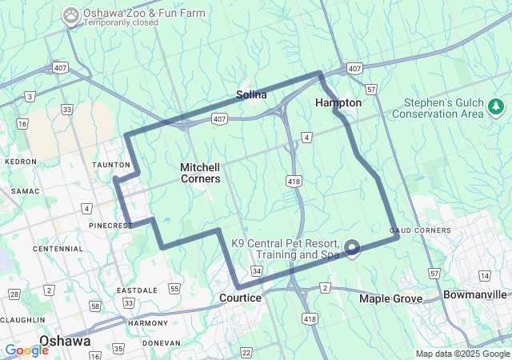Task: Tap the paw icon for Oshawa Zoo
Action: click(71, 14)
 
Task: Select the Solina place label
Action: click(250, 95)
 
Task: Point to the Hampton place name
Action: click(338, 103)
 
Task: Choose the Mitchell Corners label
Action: click(200, 173)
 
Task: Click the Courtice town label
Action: click(240, 298)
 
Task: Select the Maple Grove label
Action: click(390, 298)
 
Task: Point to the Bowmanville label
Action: click(477, 294)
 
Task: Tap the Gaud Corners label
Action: click(421, 230)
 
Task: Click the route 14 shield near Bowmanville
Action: click(485, 275)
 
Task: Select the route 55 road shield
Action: click(174, 288)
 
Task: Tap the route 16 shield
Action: click(22, 123)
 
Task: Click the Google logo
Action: click(26, 350)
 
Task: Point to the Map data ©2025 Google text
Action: click(462, 354)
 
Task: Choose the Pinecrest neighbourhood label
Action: click(110, 226)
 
